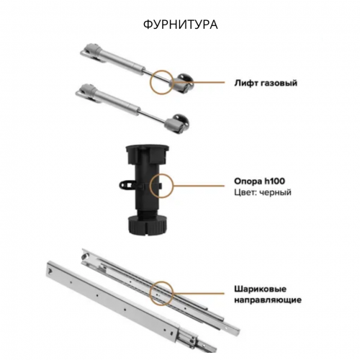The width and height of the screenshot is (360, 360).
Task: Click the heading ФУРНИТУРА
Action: coord(181,24)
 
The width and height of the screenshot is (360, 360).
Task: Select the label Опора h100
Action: coord(259,181)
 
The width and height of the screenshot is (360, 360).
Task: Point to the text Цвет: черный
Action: coord(263,192)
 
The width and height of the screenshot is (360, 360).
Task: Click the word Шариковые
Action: coord(260,289)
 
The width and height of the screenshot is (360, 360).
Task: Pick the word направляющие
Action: coord(268,300)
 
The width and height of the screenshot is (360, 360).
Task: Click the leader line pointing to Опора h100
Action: coord(199,186)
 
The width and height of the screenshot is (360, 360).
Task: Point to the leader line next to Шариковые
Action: coord(199,293)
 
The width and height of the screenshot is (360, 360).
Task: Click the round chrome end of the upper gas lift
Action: coord(185,79)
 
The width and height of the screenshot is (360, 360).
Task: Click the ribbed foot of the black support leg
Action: coord(148,224)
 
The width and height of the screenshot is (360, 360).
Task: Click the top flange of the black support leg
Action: coord(148,149)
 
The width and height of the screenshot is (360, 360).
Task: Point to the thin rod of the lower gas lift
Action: coord(152,117)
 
